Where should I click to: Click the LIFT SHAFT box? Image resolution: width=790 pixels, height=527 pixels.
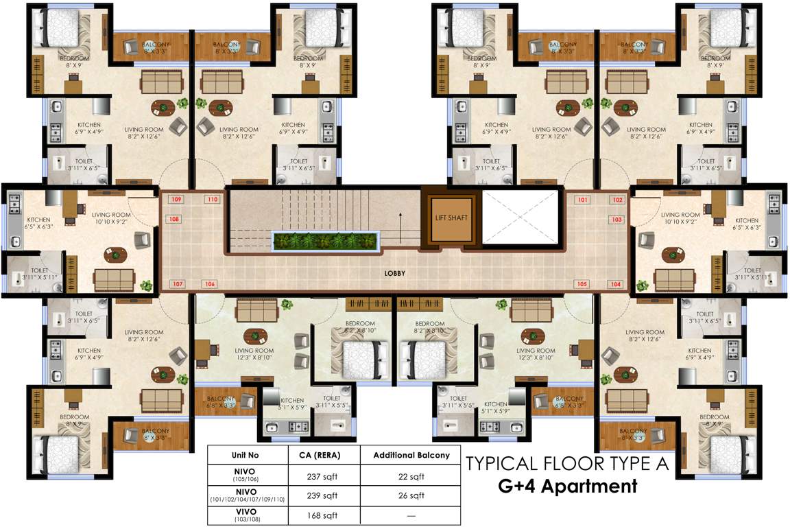(451, 218)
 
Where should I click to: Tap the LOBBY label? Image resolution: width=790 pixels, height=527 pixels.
(395, 273)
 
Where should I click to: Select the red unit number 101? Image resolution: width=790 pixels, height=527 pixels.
(584, 200)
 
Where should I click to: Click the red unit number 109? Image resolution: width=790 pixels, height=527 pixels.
(176, 200)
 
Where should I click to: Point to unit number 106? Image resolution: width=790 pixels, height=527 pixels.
(210, 284)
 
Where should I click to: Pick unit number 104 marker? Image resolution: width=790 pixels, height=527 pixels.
(616, 284)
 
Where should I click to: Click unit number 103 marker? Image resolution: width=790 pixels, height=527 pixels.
(616, 220)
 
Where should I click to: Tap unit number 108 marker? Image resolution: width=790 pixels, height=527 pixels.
(174, 220)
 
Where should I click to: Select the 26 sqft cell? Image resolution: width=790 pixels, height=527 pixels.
(411, 495)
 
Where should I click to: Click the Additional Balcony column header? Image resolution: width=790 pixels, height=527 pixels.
(411, 455)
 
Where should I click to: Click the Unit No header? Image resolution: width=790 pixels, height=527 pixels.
(248, 455)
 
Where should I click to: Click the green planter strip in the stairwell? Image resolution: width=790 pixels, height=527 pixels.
(326, 242)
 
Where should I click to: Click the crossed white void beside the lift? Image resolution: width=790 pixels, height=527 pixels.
(521, 216)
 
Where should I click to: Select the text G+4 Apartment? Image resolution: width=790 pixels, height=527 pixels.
(567, 488)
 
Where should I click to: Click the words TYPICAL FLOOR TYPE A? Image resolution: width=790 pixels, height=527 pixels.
(567, 464)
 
